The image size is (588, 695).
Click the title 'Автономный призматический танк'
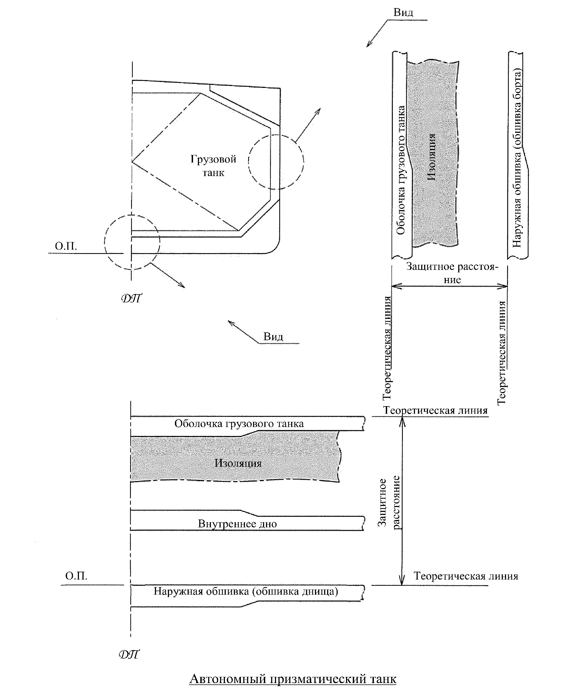293,678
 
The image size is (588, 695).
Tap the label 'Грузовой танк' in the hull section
213,166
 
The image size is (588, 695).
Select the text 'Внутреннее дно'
237,524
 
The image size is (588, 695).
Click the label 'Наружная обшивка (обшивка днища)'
246,591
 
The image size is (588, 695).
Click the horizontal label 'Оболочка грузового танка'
239,423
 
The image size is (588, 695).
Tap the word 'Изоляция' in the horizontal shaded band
238,463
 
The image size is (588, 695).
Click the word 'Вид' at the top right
403,13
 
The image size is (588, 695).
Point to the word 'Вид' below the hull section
273,336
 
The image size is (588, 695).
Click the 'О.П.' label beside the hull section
66,246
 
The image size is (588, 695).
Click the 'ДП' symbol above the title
129,654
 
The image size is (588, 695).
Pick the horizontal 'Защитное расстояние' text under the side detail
452,273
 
